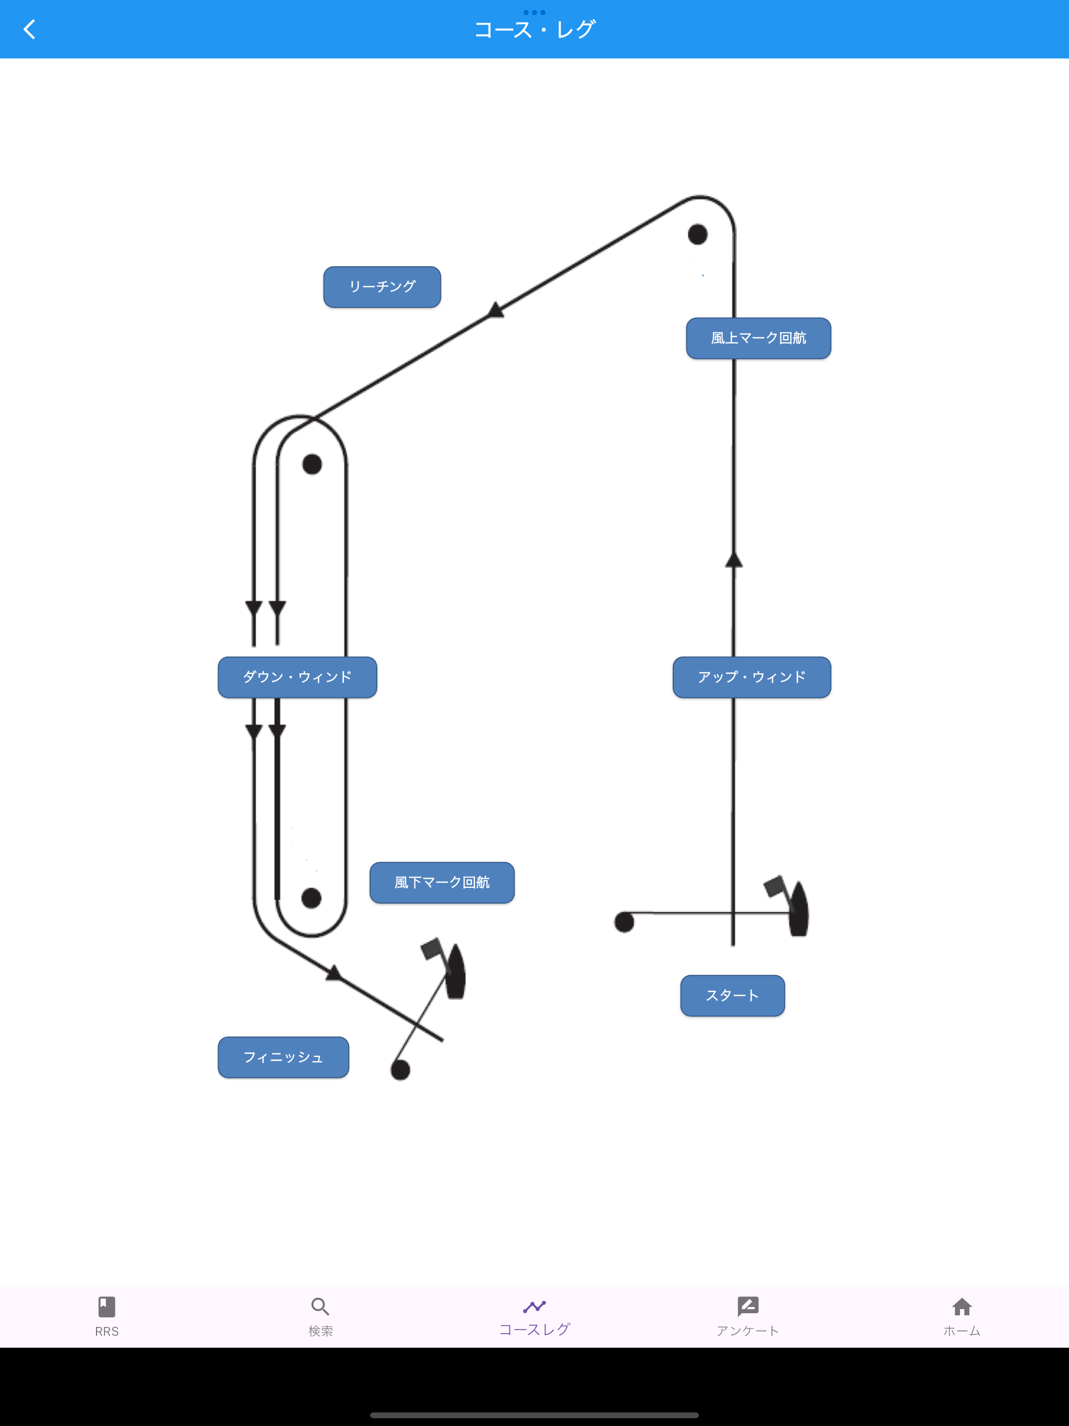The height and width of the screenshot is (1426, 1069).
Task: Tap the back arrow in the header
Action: click(x=29, y=29)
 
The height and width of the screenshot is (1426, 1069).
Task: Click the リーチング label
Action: click(x=382, y=287)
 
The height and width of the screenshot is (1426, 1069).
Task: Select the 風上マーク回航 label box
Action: click(x=758, y=338)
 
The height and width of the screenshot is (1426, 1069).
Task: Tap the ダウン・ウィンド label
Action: click(x=297, y=677)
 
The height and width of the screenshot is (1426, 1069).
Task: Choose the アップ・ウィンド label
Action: click(x=752, y=677)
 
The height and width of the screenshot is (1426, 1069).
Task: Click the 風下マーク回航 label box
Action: click(x=442, y=883)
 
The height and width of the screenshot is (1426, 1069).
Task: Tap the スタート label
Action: click(x=732, y=995)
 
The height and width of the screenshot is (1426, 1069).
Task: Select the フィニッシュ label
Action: click(x=283, y=1057)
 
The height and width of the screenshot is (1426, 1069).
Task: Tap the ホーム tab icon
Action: click(x=962, y=1307)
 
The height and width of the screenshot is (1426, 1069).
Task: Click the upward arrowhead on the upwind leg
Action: click(x=734, y=559)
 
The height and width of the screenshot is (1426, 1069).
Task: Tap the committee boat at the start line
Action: click(x=790, y=906)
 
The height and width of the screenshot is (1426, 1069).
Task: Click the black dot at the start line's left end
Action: click(x=624, y=922)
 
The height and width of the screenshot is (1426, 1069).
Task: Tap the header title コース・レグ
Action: click(x=534, y=30)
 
